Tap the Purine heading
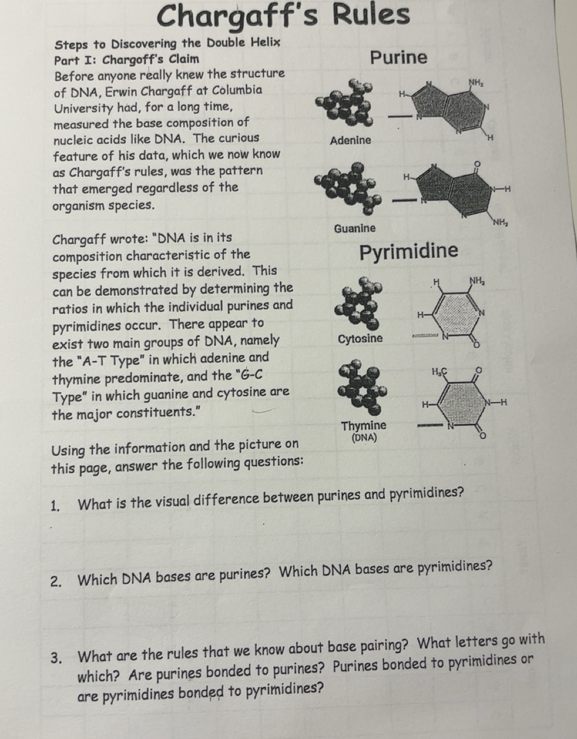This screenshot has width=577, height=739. pos(398,57)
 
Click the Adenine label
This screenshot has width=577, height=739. pos(350,140)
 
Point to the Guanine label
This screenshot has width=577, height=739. pos(355,228)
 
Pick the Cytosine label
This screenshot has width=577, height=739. pos(360,338)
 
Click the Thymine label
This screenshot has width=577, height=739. pos(364,425)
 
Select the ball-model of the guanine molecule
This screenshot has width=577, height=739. pos(349,188)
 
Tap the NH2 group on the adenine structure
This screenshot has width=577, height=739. pos(476,82)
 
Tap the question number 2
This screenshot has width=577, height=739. pos(55,580)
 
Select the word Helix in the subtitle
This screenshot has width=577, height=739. pos(266,42)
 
